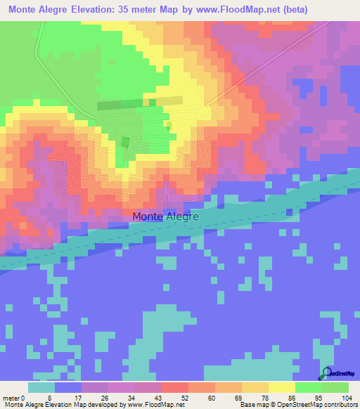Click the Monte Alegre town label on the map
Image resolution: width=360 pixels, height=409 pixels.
click(x=166, y=217)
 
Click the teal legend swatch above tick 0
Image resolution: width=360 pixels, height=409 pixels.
click(x=41, y=387)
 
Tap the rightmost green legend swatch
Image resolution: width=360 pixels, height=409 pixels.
click(x=335, y=387)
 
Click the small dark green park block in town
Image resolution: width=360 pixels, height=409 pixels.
click(x=125, y=142)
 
